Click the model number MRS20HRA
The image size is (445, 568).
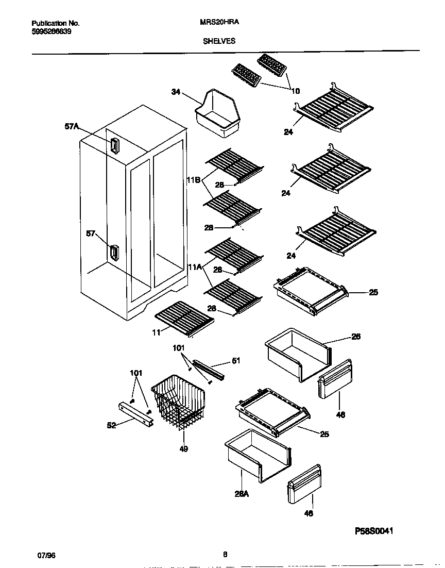pyautogui.click(x=219, y=23)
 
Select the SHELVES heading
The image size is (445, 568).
pyautogui.click(x=219, y=41)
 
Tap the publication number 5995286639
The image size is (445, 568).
pyautogui.click(x=52, y=31)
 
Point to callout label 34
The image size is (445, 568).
pyautogui.click(x=176, y=92)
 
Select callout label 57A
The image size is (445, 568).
pyautogui.click(x=72, y=126)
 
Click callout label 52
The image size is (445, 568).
pyautogui.click(x=112, y=425)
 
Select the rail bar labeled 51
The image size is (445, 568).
pyautogui.click(x=208, y=369)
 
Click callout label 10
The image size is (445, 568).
pyautogui.click(x=296, y=91)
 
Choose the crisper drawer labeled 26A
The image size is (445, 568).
pyautogui.click(x=256, y=456)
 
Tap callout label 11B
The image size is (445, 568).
pyautogui.click(x=194, y=181)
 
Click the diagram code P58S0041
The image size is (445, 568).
pyautogui.click(x=376, y=530)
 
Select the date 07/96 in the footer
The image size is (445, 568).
pyautogui.click(x=46, y=555)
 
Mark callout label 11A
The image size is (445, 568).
pyautogui.click(x=194, y=267)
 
